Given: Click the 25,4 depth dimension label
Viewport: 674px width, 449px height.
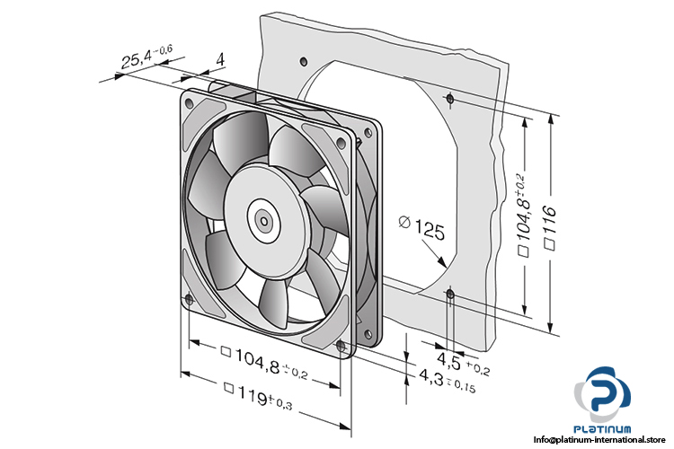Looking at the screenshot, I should pos(148,61).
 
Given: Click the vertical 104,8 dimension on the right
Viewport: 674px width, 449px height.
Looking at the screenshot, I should pos(527,216).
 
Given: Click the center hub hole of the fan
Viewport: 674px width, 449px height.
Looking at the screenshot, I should pos(262,218).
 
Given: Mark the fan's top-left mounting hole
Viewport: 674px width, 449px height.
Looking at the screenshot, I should pos(189,103).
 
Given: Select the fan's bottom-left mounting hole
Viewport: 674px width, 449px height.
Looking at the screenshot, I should pos(188,301).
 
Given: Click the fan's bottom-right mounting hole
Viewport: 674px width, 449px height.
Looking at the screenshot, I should pos(340,346).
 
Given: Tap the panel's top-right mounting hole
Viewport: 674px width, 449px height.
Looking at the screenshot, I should pos(448,96).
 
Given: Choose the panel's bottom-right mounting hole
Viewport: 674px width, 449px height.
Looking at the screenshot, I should pos(450,293).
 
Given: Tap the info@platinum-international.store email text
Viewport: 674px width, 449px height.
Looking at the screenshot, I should pos(603,440).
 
